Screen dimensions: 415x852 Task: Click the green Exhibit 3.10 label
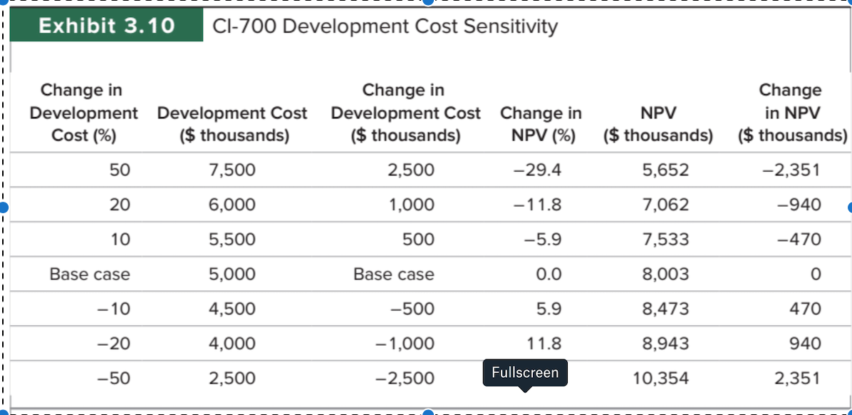[x=106, y=26]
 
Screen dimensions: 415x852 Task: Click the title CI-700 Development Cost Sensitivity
[x=385, y=26]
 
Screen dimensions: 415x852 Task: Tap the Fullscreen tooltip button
[x=525, y=372]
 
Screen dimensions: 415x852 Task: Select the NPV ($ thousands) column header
[x=658, y=124]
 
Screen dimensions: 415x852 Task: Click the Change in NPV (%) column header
[x=541, y=124]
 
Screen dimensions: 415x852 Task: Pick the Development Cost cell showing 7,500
[x=232, y=170]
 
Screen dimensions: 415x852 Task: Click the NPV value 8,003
[x=665, y=275]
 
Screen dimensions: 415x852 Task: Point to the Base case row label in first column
[x=90, y=275]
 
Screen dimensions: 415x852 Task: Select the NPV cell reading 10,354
[x=660, y=379]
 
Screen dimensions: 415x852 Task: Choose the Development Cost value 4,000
[x=232, y=344]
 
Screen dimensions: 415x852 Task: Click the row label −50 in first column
[x=114, y=379]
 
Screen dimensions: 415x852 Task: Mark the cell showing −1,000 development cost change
[x=404, y=344]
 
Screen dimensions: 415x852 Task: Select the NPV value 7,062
[x=665, y=205]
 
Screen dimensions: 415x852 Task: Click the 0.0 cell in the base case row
[x=551, y=275]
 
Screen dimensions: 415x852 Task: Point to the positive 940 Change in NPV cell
[x=805, y=344]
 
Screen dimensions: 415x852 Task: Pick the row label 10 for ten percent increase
[x=120, y=240]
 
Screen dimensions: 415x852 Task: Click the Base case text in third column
[x=393, y=275]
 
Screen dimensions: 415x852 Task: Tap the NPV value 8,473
[x=665, y=309]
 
